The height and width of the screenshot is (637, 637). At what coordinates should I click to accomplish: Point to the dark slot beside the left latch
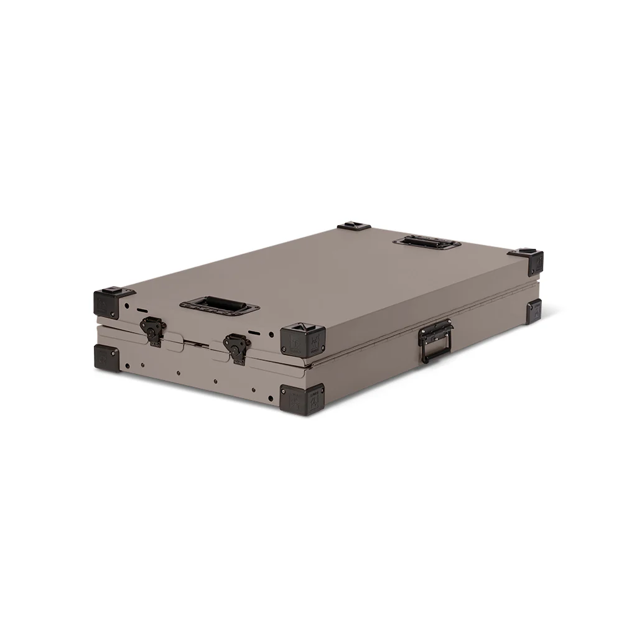pos(142,310)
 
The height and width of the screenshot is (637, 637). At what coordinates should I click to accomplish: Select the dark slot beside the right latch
pos(255,333)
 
